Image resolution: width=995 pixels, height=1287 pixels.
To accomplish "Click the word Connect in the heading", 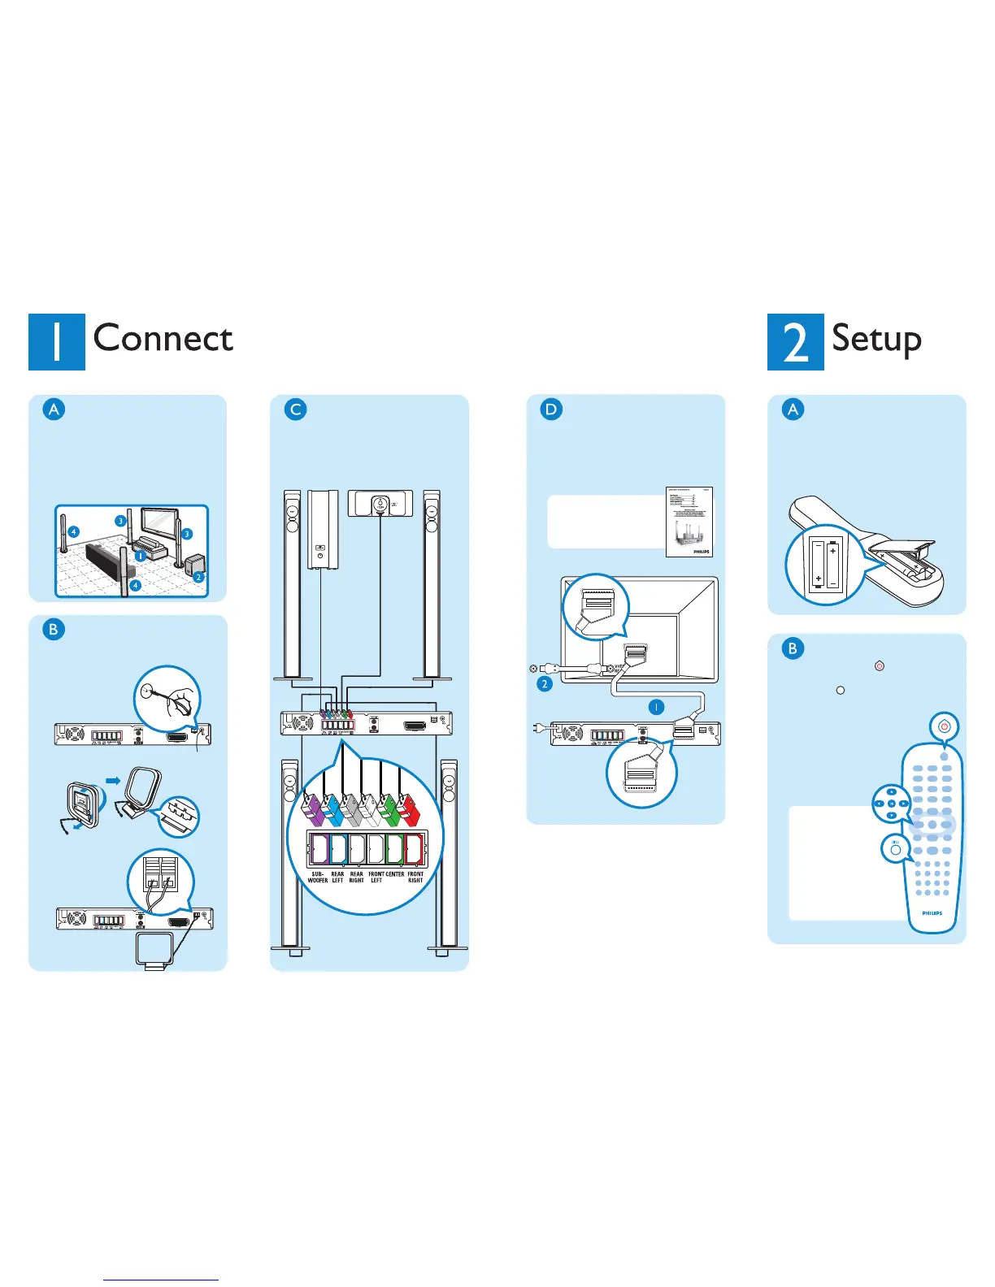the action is pos(163,339).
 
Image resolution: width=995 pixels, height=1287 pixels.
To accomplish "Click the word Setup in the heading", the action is pos(876,339).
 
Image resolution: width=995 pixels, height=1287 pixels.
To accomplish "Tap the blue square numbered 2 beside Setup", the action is pos(795,342).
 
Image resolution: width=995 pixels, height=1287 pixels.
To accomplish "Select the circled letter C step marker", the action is pos(296,409).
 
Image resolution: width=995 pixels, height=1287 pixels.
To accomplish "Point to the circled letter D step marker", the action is pos(551,409).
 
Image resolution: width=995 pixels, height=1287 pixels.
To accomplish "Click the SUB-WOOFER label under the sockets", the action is pos(318,877).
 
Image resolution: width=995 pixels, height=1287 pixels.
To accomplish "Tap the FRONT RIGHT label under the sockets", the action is pos(415,877).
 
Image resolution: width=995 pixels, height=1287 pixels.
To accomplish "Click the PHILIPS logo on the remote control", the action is pos(932,913).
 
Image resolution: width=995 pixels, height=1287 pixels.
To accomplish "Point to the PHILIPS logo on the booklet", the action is pos(701,551).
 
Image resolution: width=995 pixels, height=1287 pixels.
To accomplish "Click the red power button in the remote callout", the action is pos(944,726).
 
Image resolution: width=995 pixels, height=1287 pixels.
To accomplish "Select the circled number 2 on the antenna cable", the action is pos(545,684).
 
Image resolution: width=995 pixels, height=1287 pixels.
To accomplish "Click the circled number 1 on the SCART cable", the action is pos(656,707).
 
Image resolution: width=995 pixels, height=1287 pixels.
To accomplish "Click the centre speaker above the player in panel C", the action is pos(380,504).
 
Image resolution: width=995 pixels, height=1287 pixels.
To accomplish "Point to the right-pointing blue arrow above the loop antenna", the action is pos(113,780).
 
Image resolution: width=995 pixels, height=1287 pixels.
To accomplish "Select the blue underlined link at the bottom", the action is pos(161,1280).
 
